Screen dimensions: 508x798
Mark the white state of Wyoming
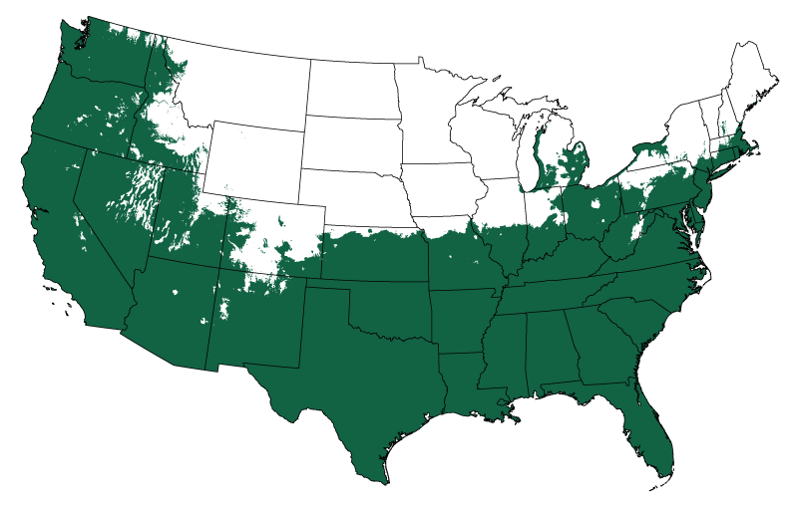(x=254, y=159)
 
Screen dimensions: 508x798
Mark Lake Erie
(x=608, y=169)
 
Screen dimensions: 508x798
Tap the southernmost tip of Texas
(x=383, y=483)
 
